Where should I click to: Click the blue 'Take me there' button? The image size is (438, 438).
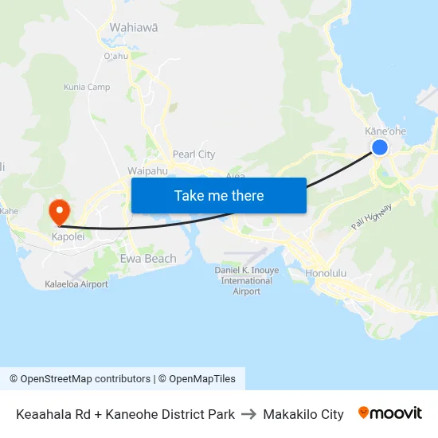(219, 195)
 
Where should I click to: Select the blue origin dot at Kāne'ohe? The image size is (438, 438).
(380, 147)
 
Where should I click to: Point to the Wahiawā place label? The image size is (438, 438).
(133, 27)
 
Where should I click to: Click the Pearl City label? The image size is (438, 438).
(194, 154)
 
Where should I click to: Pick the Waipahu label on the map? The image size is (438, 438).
(147, 170)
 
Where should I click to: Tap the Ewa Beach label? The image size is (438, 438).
(148, 259)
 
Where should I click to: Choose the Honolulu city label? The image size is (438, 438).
(326, 273)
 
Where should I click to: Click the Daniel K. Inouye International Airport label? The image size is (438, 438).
(247, 280)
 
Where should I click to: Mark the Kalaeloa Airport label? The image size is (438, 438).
(76, 284)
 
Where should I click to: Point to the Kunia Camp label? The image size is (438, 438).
(87, 87)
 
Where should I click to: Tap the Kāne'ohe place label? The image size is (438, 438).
(385, 131)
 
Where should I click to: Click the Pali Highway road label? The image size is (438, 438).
(371, 217)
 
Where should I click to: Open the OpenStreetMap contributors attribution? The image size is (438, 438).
(80, 379)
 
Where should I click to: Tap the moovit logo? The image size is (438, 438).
(389, 413)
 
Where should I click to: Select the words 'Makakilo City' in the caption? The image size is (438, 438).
(303, 414)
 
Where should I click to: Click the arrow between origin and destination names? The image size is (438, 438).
(248, 414)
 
